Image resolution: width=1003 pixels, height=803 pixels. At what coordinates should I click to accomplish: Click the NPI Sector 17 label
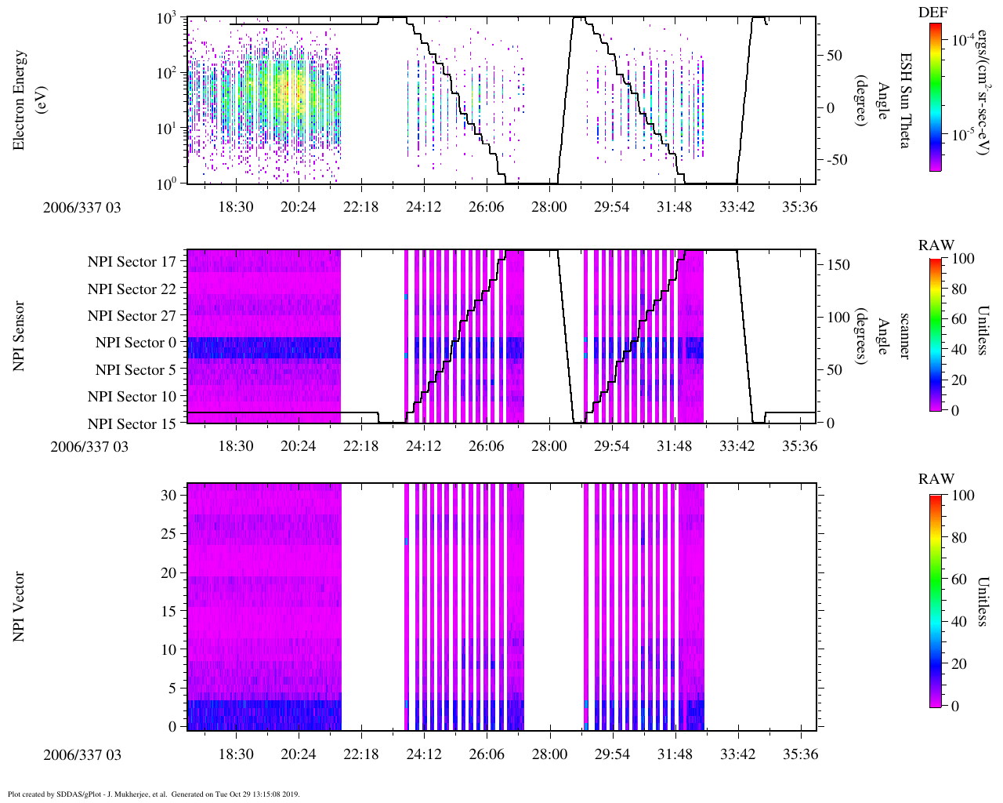click(x=132, y=262)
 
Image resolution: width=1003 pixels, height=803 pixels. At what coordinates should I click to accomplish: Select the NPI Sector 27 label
click(x=132, y=316)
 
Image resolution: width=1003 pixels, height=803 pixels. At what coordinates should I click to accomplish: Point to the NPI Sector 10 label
click(x=132, y=397)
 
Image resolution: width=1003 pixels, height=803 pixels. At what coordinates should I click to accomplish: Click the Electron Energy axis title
click(x=27, y=100)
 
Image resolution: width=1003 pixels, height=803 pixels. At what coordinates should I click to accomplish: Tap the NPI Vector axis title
click(x=19, y=606)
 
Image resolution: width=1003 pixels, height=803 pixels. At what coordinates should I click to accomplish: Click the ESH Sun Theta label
click(x=904, y=100)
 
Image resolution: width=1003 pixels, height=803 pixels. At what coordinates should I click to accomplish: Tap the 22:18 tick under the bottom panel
click(x=360, y=754)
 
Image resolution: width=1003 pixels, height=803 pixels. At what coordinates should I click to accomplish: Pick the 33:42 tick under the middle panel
click(x=737, y=446)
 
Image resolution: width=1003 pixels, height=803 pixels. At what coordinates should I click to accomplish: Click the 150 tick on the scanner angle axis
click(x=839, y=265)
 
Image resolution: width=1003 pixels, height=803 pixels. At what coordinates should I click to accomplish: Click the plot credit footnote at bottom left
click(x=154, y=794)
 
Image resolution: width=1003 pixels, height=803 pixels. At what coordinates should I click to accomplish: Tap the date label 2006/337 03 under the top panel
click(x=82, y=207)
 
